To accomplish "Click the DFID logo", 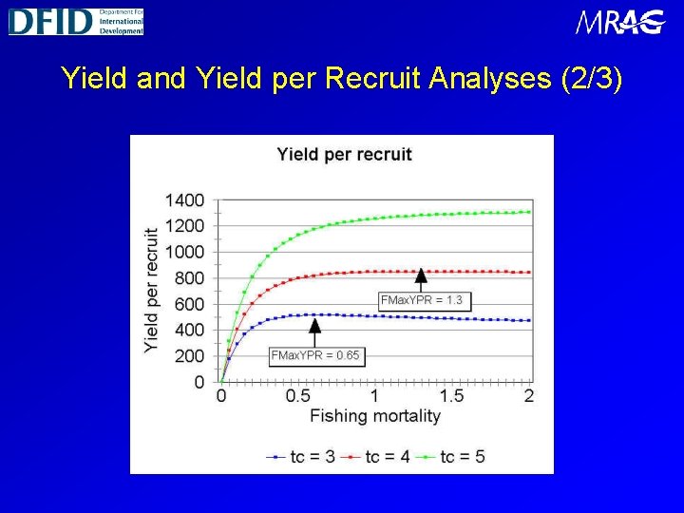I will click(x=76, y=21).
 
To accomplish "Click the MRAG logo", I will click(x=620, y=22).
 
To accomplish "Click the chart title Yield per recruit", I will click(x=344, y=154).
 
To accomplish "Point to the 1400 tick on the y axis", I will click(x=184, y=200).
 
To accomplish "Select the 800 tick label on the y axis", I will click(x=188, y=278).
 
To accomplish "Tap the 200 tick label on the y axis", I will click(x=188, y=356).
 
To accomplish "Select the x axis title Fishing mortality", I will click(x=374, y=416).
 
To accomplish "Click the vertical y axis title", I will click(x=151, y=291).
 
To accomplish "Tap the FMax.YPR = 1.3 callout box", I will click(x=422, y=300).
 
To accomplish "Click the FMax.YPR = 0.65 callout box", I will click(x=315, y=355).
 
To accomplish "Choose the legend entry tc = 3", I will click(x=300, y=457).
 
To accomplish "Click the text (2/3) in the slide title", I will click(x=592, y=78).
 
